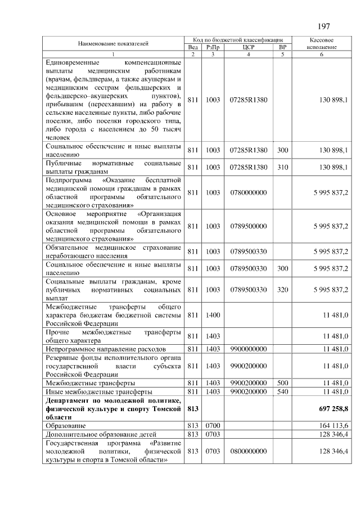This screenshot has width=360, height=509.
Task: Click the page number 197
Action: click(x=323, y=26)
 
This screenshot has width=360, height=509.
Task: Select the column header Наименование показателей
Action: click(x=113, y=43)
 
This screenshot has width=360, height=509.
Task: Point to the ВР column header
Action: click(x=283, y=47)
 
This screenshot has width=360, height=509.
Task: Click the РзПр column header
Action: click(x=213, y=47)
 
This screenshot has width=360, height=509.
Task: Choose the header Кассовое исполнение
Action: click(x=322, y=44)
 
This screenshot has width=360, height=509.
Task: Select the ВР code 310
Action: click(x=283, y=168)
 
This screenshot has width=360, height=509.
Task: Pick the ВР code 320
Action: click(x=283, y=290)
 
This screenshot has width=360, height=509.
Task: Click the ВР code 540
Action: click(x=283, y=391)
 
